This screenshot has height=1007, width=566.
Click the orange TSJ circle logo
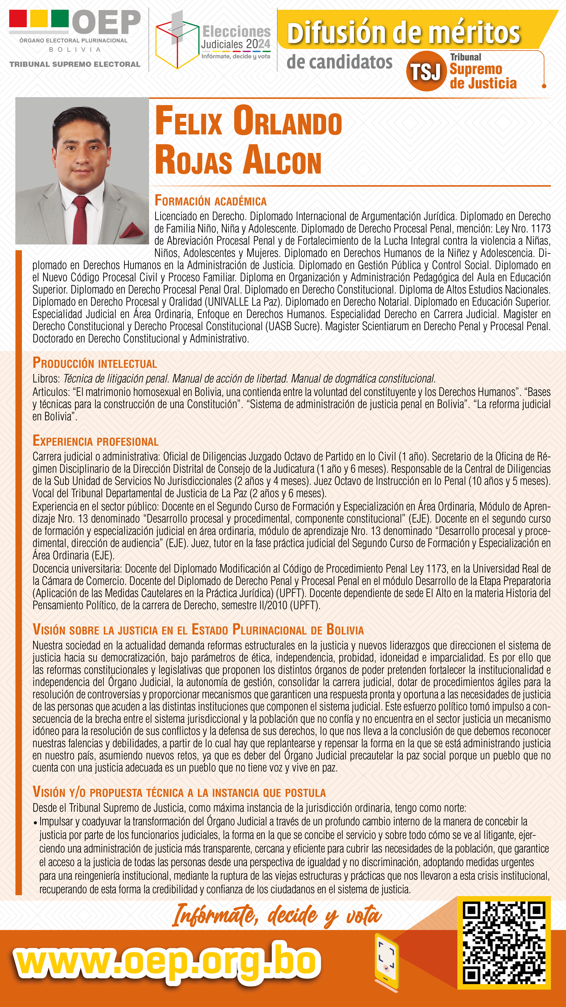point(426,71)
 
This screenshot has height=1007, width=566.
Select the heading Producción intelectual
point(95,363)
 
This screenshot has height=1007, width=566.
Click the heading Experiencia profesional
point(95,441)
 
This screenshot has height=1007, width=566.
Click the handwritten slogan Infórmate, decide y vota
point(277,916)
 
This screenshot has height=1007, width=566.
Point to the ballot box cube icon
point(177,43)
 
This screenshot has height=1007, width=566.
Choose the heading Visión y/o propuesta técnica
point(179,792)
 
